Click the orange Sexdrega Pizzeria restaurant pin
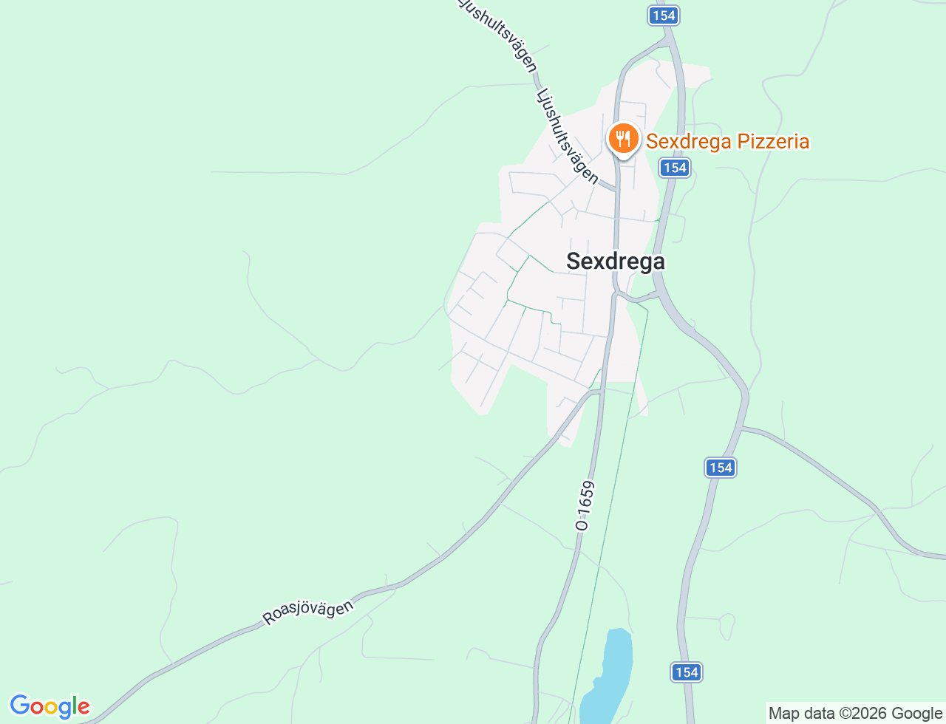tap(623, 138)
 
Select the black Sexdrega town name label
tap(615, 261)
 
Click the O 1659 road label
tap(585, 506)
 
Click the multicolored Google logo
tap(50, 707)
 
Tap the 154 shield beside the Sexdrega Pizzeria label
tap(675, 168)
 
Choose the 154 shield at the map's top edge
tap(664, 16)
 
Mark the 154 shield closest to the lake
tap(687, 672)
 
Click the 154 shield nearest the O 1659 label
tap(720, 467)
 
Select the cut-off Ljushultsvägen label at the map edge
tap(497, 33)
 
